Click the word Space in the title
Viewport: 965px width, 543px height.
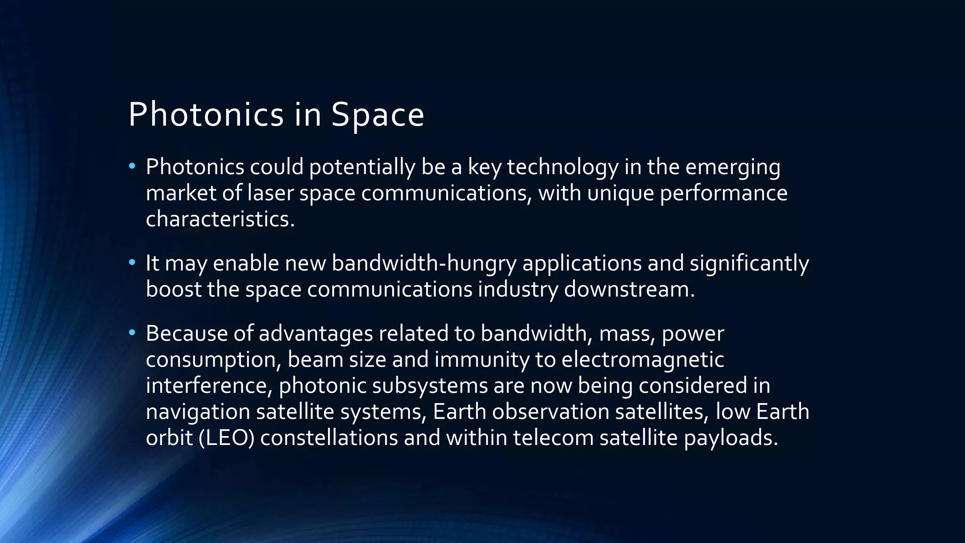pyautogui.click(x=377, y=115)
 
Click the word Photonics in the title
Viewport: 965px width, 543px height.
pyautogui.click(x=206, y=115)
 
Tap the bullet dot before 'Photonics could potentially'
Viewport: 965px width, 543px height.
pyautogui.click(x=132, y=166)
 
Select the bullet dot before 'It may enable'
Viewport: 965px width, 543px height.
pyautogui.click(x=132, y=263)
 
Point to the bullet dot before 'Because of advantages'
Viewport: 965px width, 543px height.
pyautogui.click(x=132, y=333)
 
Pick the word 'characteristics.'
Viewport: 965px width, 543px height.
pyautogui.click(x=220, y=219)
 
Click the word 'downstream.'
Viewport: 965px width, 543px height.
pyautogui.click(x=629, y=289)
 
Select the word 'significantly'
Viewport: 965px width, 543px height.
pyautogui.click(x=749, y=263)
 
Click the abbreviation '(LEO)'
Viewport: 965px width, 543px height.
pyautogui.click(x=226, y=438)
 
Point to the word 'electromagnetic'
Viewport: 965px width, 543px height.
pyautogui.click(x=642, y=360)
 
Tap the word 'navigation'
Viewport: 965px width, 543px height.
pyautogui.click(x=198, y=412)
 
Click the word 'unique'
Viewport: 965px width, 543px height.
pyautogui.click(x=620, y=193)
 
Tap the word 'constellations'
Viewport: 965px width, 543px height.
pyautogui.click(x=329, y=438)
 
